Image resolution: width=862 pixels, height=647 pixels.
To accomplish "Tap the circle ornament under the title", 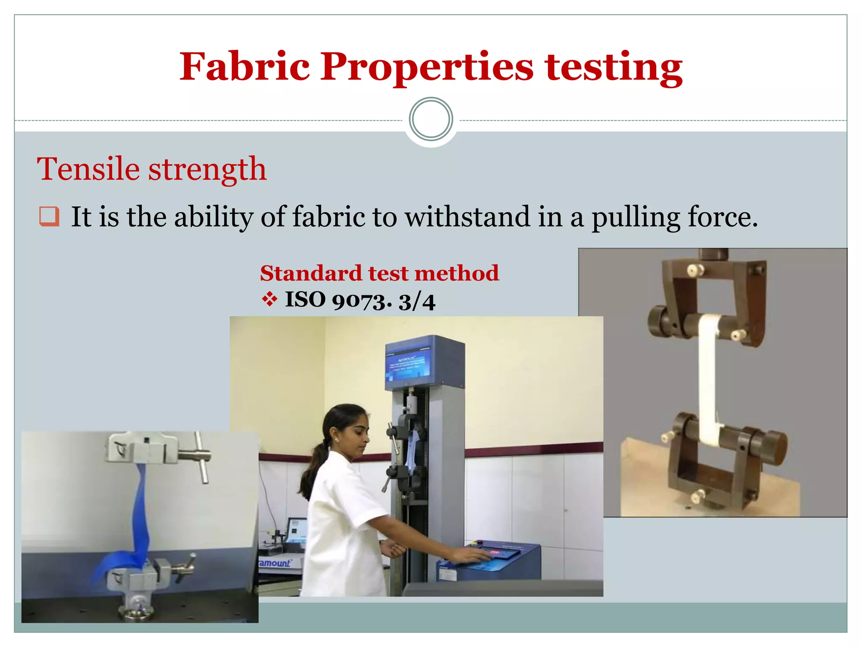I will (431, 119).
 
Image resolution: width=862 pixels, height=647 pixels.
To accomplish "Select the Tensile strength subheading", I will (152, 169).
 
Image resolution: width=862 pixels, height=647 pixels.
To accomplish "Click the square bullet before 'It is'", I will (49, 217).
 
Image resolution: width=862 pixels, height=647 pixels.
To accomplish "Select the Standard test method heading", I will (379, 273).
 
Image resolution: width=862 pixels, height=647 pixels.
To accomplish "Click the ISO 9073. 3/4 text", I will (360, 301).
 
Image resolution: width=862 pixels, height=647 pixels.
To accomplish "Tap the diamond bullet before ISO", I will (269, 300).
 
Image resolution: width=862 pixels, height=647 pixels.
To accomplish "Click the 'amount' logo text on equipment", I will (275, 563).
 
